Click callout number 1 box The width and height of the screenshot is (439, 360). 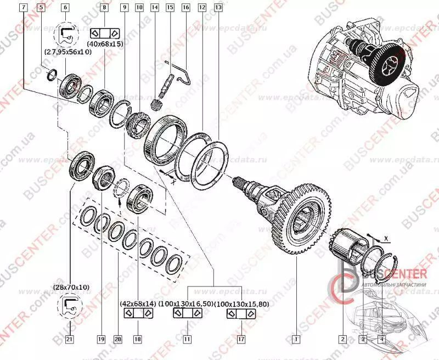coord(296,338)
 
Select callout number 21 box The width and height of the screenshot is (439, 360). coord(70,339)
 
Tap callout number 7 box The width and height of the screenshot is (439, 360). coord(22,8)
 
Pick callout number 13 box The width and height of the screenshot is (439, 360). coord(218,8)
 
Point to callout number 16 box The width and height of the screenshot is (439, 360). coord(185,8)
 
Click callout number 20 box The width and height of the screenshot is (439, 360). coord(116,339)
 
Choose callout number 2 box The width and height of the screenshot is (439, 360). coord(342,338)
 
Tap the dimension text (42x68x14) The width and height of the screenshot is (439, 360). coord(137,303)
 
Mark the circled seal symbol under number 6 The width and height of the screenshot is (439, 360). coord(65,34)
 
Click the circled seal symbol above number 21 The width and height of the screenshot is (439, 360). coord(70,306)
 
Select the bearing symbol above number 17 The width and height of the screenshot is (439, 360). coord(240,313)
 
